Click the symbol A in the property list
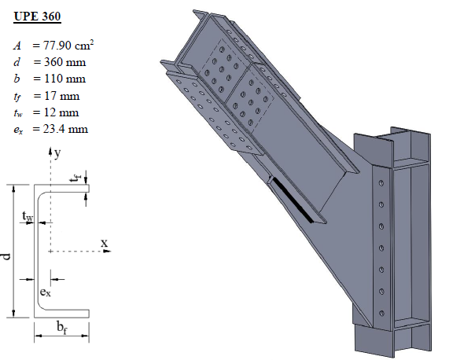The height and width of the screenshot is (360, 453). (17, 46)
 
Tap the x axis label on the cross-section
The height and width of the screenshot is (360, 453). (103, 242)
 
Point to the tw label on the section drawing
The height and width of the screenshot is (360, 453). (27, 213)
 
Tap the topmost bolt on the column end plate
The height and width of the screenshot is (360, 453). (381, 182)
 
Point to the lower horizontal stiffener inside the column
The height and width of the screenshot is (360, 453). (411, 323)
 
